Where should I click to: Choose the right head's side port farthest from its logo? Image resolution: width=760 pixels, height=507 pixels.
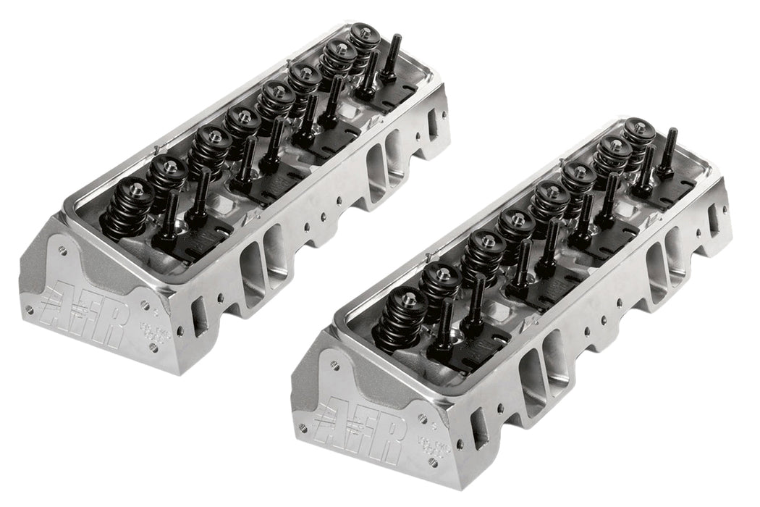coord(713,220)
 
